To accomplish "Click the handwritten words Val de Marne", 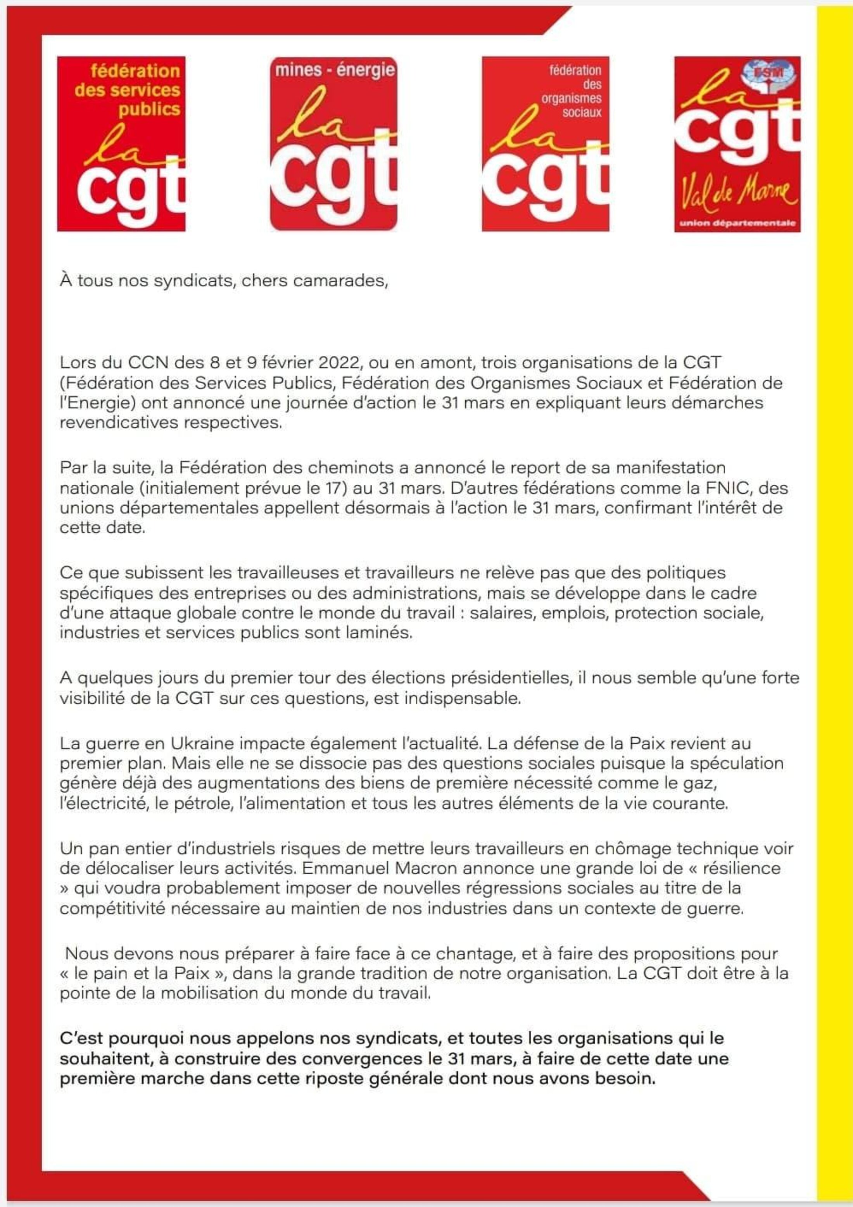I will (737, 195).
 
